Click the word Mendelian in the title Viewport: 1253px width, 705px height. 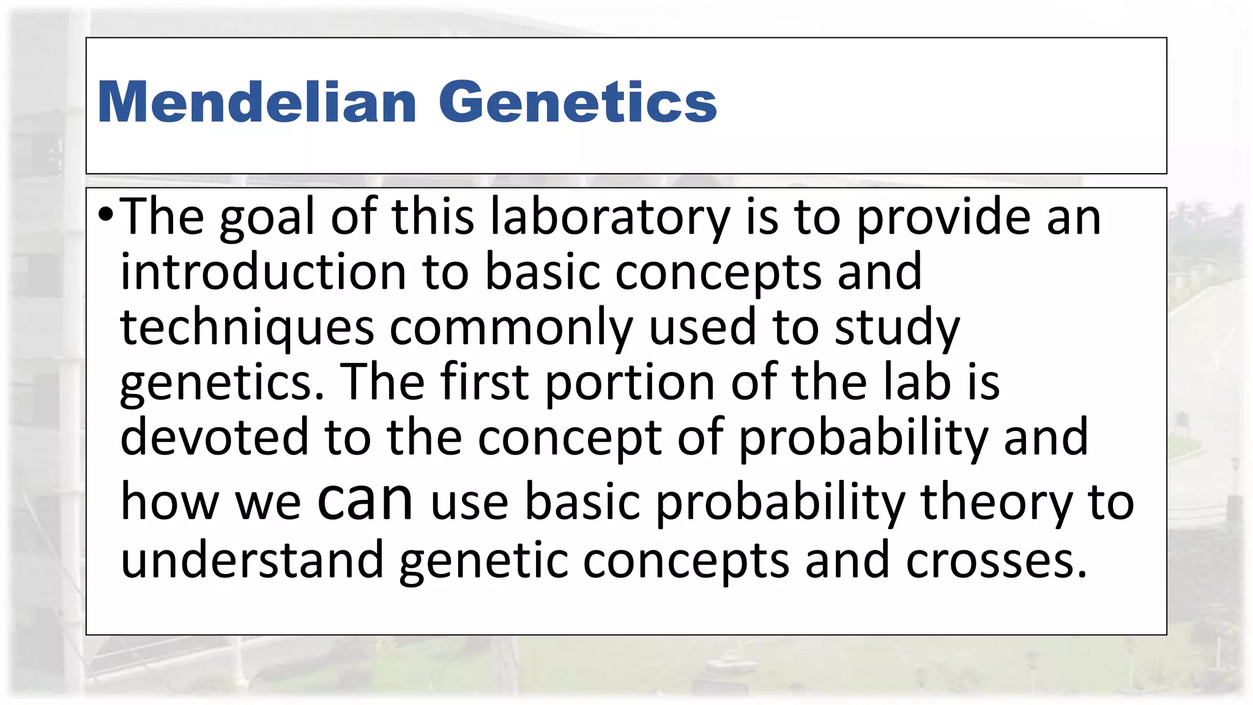(x=257, y=102)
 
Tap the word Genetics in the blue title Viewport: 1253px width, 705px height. (x=578, y=102)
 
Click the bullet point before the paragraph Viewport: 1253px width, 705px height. (x=105, y=215)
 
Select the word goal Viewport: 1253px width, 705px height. (x=267, y=217)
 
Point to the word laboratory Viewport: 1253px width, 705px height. (x=610, y=217)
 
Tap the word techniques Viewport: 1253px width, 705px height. (x=247, y=327)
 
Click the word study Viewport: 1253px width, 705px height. (x=898, y=327)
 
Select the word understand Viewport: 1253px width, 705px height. (x=252, y=559)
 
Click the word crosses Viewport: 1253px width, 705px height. (x=997, y=561)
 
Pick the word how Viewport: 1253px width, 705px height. (x=169, y=502)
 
